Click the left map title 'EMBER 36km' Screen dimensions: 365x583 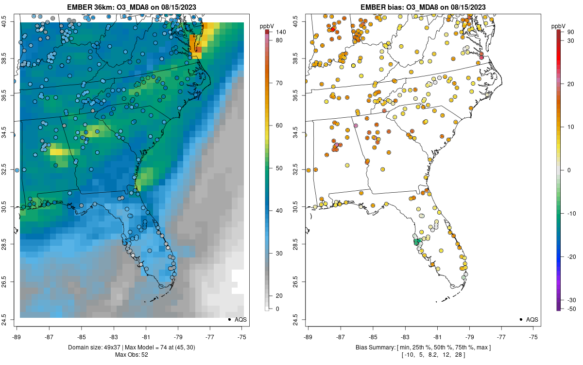(89, 7)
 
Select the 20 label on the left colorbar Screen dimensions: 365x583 (278, 296)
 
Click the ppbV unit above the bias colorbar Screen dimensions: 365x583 (559, 25)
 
